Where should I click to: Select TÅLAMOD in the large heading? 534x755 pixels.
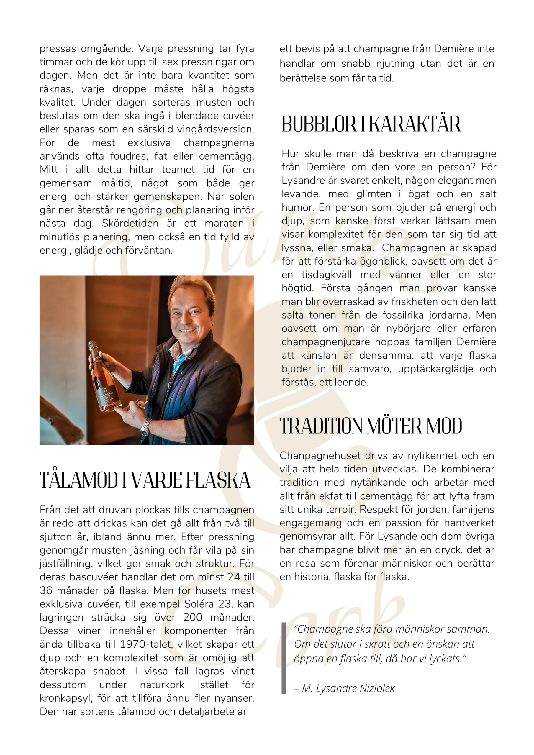pyautogui.click(x=78, y=480)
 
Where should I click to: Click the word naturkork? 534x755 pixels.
pyautogui.click(x=162, y=685)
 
